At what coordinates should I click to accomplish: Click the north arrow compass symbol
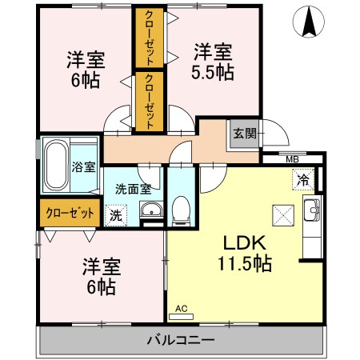pyautogui.click(x=308, y=22)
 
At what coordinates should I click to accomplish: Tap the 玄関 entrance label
pyautogui.click(x=244, y=134)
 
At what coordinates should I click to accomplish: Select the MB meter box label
pyautogui.click(x=294, y=159)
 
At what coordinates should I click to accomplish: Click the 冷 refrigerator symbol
pyautogui.click(x=303, y=180)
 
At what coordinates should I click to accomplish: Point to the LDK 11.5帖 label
pyautogui.click(x=244, y=252)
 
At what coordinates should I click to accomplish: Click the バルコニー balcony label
pyautogui.click(x=180, y=340)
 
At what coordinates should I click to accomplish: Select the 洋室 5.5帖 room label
pyautogui.click(x=213, y=61)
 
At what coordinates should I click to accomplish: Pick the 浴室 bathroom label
pyautogui.click(x=84, y=167)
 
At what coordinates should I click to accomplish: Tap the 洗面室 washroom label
pyautogui.click(x=133, y=190)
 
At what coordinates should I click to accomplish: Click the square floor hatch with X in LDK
pyautogui.click(x=282, y=214)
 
